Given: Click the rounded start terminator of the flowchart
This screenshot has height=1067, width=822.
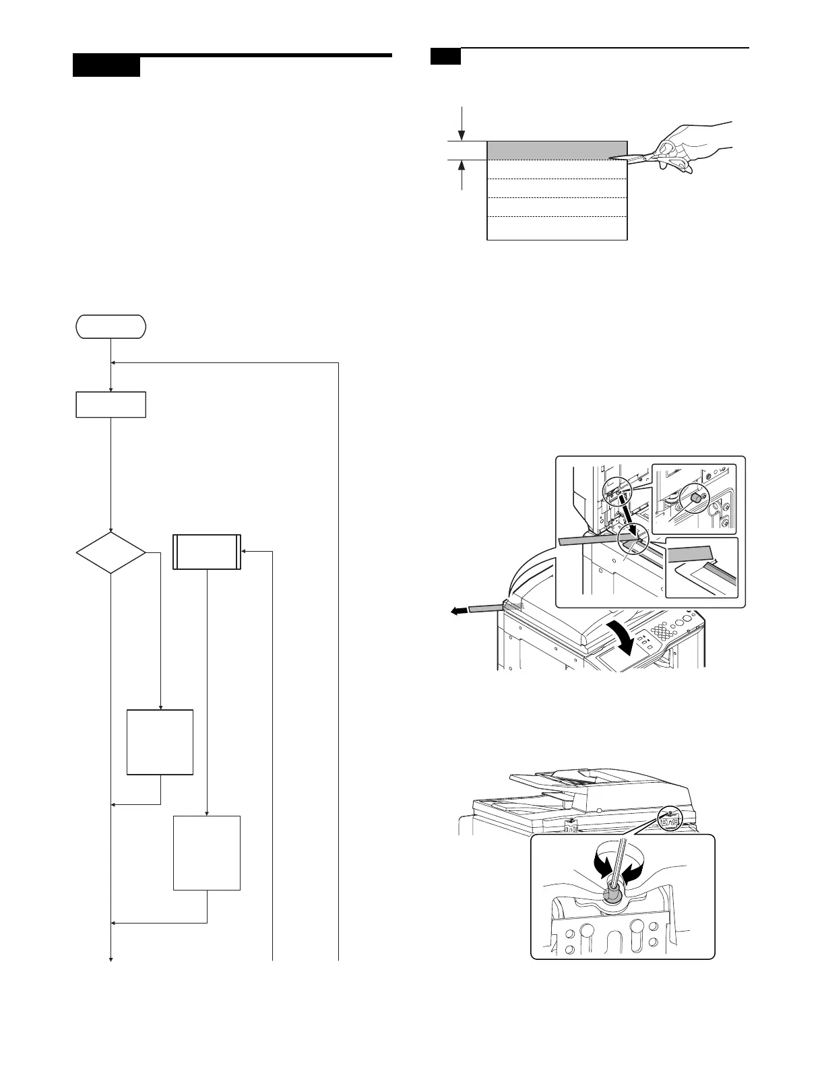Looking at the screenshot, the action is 110,327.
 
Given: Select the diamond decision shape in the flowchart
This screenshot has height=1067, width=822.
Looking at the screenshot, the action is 110,553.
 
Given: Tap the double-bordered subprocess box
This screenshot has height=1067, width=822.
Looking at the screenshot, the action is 207,552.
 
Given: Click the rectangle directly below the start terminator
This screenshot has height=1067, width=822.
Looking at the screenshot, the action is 110,404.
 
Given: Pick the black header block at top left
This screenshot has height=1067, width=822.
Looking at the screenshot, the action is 106,67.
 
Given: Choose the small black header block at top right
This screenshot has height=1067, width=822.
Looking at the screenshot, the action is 445,57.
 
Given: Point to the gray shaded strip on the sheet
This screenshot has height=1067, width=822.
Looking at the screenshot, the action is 557,150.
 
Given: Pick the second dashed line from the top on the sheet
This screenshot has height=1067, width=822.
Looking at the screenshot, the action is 557,179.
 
